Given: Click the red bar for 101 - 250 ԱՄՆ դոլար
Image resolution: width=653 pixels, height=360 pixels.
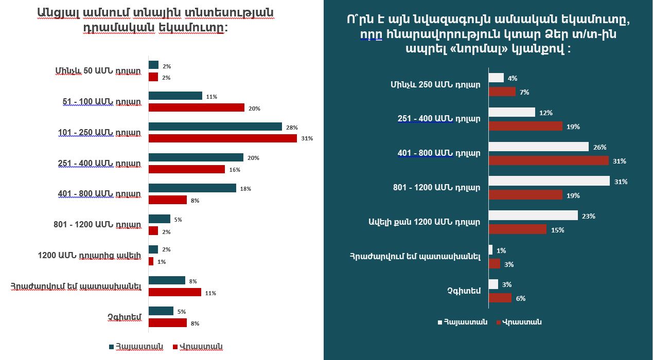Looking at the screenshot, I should (x=222, y=138).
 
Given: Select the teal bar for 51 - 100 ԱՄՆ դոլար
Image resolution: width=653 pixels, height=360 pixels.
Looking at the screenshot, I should (x=175, y=96).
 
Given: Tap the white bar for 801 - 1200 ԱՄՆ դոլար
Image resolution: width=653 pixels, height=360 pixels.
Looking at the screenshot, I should (x=549, y=181).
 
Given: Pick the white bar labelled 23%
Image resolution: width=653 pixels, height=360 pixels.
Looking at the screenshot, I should (x=533, y=215).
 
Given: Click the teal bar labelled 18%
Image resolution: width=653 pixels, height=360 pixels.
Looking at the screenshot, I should (x=192, y=188).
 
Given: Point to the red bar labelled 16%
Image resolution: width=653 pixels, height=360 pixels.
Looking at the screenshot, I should (x=186, y=169).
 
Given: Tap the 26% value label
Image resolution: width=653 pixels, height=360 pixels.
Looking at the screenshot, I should (x=600, y=147).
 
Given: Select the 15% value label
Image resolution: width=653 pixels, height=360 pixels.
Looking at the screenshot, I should (x=557, y=230).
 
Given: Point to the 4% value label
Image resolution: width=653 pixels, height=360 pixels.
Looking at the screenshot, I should (x=512, y=79).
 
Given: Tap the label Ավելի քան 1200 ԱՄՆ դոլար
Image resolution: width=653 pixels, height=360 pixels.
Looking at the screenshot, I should (x=423, y=222).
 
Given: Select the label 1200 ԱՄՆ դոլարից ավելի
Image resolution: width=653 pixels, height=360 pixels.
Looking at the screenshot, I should (x=89, y=255).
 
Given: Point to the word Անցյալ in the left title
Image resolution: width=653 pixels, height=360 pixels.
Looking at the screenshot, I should (x=56, y=12).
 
